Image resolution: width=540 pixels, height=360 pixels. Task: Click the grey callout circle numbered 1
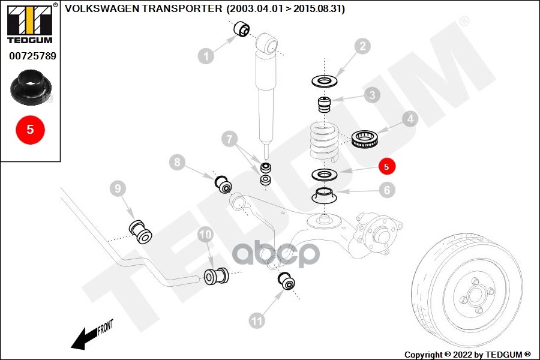pos(206,56)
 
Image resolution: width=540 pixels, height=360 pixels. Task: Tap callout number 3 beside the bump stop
pos(372,95)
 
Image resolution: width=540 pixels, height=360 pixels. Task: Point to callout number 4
pos(410,119)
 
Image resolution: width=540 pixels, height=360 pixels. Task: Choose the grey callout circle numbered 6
pos(387,190)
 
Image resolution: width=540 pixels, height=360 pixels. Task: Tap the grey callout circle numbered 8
pos(177,161)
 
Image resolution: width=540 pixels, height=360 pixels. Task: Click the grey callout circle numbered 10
pos(205,235)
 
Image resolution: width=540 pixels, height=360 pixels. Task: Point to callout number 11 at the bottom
pos(257,321)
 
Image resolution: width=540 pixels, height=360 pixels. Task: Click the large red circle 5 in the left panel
pos(30,128)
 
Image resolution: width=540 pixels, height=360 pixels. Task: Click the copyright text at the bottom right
pos(467,354)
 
